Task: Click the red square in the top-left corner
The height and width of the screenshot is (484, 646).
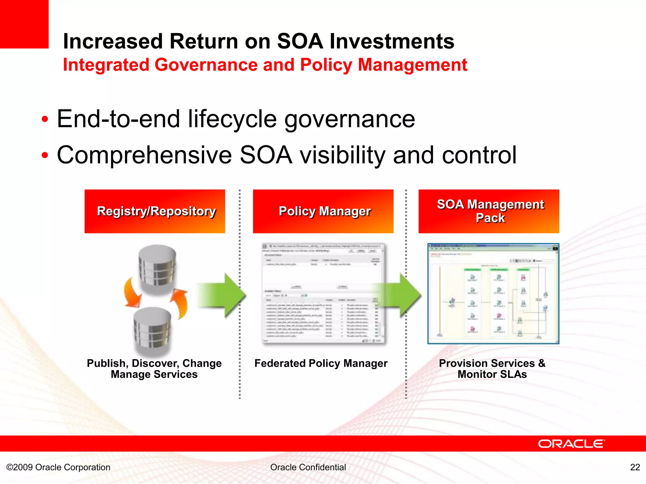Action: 24,24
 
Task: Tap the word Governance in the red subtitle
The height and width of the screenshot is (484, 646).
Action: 206,65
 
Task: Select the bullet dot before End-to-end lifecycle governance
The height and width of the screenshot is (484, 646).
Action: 45,120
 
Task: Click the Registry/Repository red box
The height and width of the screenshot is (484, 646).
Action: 155,211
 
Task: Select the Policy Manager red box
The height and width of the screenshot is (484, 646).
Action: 323,211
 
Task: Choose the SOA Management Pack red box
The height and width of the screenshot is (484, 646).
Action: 489,211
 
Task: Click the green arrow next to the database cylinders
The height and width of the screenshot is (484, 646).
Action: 221,295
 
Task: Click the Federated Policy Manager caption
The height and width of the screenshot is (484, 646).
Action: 321,363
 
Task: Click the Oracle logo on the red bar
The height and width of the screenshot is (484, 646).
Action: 571,444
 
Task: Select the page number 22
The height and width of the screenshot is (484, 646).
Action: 635,467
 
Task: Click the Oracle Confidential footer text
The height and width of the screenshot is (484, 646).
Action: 308,467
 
